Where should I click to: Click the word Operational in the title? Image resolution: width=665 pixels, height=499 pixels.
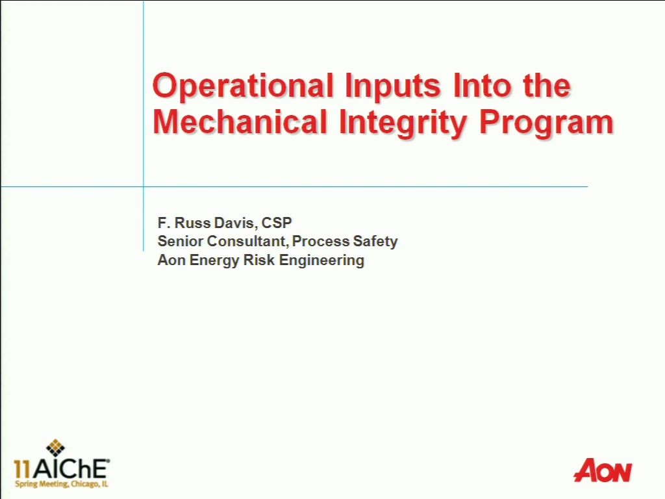coord(243,87)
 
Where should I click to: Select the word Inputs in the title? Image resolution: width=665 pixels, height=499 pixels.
coord(393,87)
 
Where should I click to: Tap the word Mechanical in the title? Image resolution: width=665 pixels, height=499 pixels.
coord(240,122)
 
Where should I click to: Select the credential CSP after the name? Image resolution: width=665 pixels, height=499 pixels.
coord(277,223)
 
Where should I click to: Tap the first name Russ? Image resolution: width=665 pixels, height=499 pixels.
coord(192,223)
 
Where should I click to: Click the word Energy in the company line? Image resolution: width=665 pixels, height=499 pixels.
coord(214,261)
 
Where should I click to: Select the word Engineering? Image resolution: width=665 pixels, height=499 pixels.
coord(321,261)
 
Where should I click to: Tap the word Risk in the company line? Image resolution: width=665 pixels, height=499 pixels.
coord(259,260)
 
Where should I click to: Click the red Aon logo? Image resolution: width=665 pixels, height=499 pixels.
coord(602,470)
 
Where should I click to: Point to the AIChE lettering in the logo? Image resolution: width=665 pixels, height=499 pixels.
coord(71,469)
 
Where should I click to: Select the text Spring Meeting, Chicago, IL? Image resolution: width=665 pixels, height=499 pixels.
coord(62,484)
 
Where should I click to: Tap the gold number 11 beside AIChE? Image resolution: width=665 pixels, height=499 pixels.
coord(23,469)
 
